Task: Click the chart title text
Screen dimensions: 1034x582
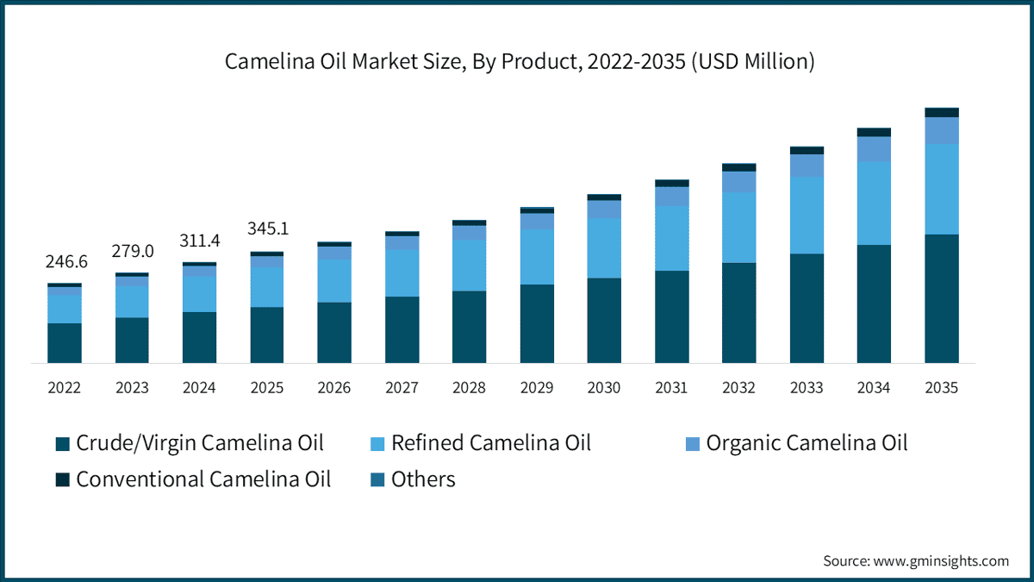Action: tap(520, 61)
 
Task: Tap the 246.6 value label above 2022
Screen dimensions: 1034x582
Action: tap(66, 261)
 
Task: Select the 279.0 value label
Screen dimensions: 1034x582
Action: tap(133, 251)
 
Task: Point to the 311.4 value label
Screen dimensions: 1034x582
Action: tap(199, 241)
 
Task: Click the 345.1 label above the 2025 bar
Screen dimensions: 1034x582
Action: tap(268, 228)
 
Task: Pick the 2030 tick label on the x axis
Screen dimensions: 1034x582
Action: tap(604, 387)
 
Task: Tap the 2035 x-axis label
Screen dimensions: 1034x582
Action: tap(942, 387)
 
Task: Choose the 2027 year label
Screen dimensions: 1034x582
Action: tap(402, 387)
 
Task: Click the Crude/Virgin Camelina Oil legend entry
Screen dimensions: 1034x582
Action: tap(190, 443)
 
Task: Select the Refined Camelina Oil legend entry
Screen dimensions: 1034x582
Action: tap(481, 443)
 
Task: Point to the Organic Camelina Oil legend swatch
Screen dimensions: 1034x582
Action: tap(693, 444)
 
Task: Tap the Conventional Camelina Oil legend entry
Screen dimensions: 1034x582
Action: tap(193, 479)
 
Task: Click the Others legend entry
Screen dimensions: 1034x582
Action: tap(413, 479)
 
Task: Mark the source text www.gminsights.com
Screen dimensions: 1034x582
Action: tap(941, 560)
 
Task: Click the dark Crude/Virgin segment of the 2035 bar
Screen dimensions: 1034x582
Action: tap(942, 298)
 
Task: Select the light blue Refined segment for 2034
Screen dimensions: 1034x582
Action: tap(874, 203)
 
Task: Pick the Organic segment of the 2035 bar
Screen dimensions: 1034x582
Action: tap(942, 131)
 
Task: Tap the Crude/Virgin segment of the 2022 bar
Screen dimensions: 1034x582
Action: tap(65, 343)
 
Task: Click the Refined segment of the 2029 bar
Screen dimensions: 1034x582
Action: tap(537, 257)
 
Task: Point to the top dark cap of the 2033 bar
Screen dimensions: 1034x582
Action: tap(807, 151)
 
